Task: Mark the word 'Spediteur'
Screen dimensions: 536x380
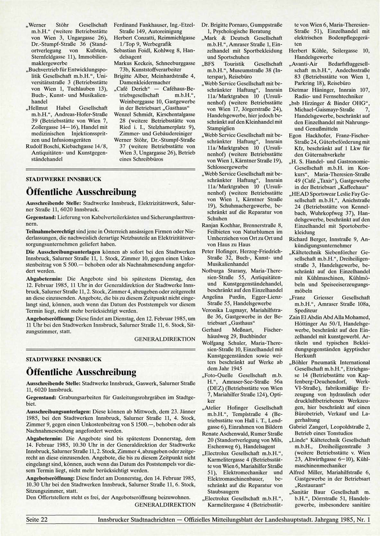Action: pyautogui.click(x=306, y=311)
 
